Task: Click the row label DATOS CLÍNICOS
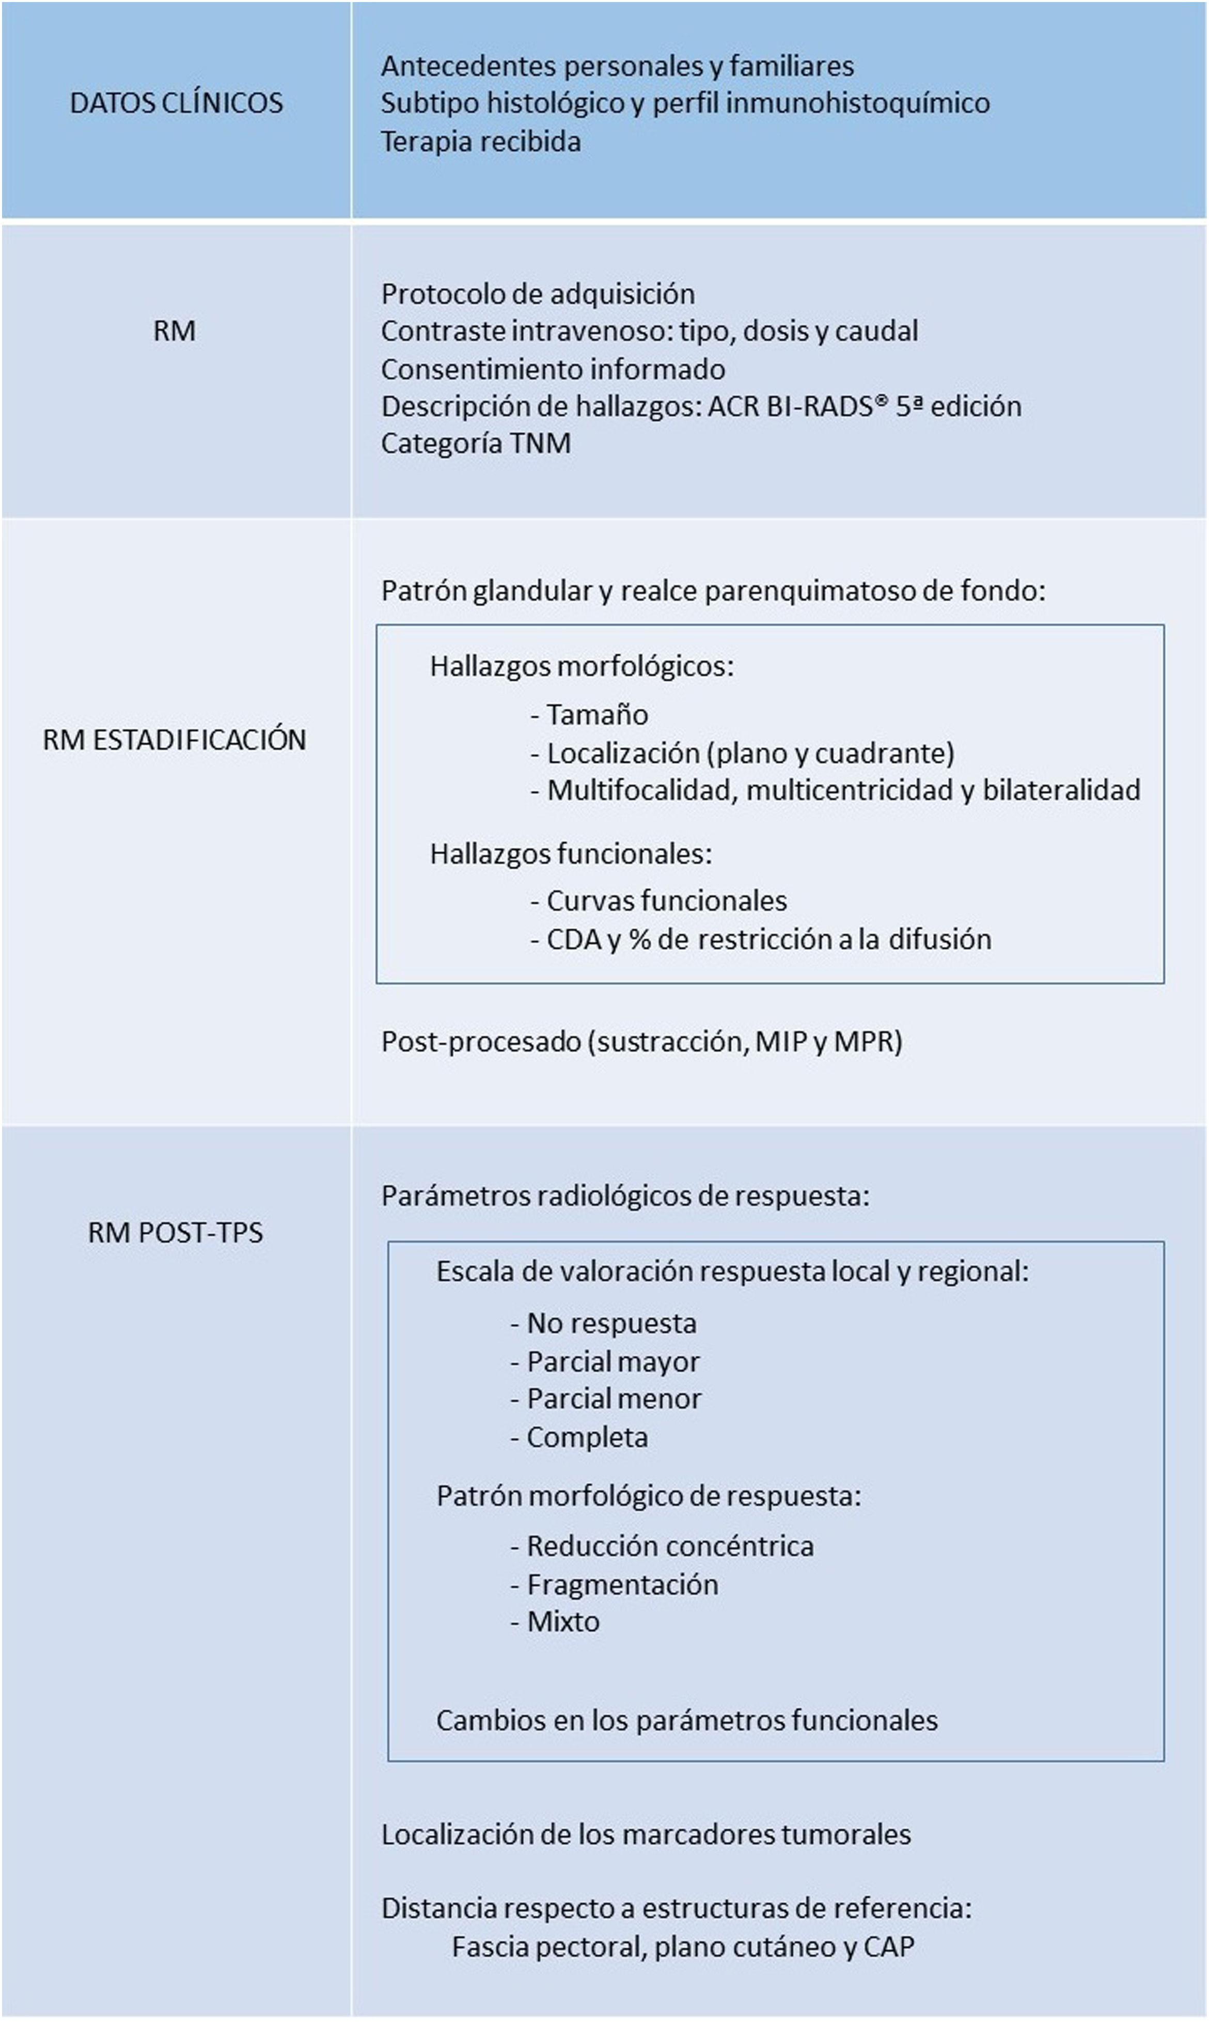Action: click(176, 103)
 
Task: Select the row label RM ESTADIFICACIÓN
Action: click(175, 740)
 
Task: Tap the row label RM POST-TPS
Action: click(175, 1232)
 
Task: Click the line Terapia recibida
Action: click(481, 142)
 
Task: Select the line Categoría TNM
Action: click(476, 443)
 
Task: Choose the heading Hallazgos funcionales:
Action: click(570, 854)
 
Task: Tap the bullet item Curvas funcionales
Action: click(666, 901)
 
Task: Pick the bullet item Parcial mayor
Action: click(613, 1362)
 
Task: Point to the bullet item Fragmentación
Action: click(622, 1585)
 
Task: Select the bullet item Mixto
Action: click(562, 1622)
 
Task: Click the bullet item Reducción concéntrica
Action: click(670, 1546)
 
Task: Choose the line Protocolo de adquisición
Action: click(538, 294)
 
